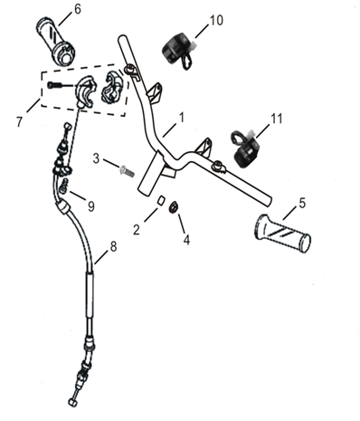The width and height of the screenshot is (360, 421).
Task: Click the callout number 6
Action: (78, 9)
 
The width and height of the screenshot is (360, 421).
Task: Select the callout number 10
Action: (216, 21)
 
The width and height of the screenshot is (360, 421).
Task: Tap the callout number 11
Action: (277, 119)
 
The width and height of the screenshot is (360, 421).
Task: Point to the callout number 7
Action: (20, 122)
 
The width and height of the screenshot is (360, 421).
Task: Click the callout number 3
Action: (96, 158)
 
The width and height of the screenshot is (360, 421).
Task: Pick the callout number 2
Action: (137, 230)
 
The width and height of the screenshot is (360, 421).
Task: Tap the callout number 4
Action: (187, 240)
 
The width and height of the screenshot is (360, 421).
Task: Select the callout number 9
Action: (91, 206)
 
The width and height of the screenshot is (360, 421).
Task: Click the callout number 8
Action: (113, 246)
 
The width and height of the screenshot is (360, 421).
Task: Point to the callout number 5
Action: (302, 203)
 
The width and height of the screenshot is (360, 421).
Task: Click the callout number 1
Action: (182, 118)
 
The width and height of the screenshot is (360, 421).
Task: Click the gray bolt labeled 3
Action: (127, 171)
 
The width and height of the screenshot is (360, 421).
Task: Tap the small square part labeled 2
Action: (161, 200)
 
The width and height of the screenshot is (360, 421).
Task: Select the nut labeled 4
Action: (174, 207)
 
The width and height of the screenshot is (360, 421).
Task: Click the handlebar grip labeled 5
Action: (283, 231)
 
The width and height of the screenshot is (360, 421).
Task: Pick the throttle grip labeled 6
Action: (56, 42)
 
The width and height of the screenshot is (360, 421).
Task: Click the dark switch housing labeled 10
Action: (177, 50)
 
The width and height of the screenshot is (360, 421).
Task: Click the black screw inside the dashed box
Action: (54, 86)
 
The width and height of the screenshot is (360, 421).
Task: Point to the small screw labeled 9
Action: (64, 186)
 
